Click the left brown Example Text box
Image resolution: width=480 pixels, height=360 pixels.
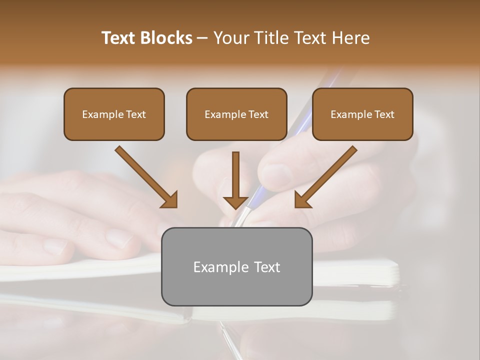pyautogui.click(x=114, y=114)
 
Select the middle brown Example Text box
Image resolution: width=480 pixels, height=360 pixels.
pyautogui.click(x=236, y=114)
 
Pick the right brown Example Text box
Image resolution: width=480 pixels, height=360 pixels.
pyautogui.click(x=362, y=114)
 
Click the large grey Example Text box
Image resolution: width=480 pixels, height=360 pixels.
pyautogui.click(x=236, y=266)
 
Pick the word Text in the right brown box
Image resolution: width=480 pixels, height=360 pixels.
pyautogui.click(x=384, y=114)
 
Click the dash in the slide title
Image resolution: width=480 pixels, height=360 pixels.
pyautogui.click(x=203, y=38)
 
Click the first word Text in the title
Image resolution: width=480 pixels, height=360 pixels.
pyautogui.click(x=120, y=38)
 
